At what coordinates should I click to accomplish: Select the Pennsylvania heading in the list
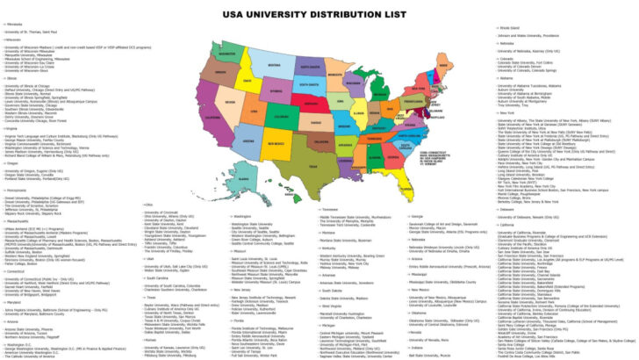[17, 164]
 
